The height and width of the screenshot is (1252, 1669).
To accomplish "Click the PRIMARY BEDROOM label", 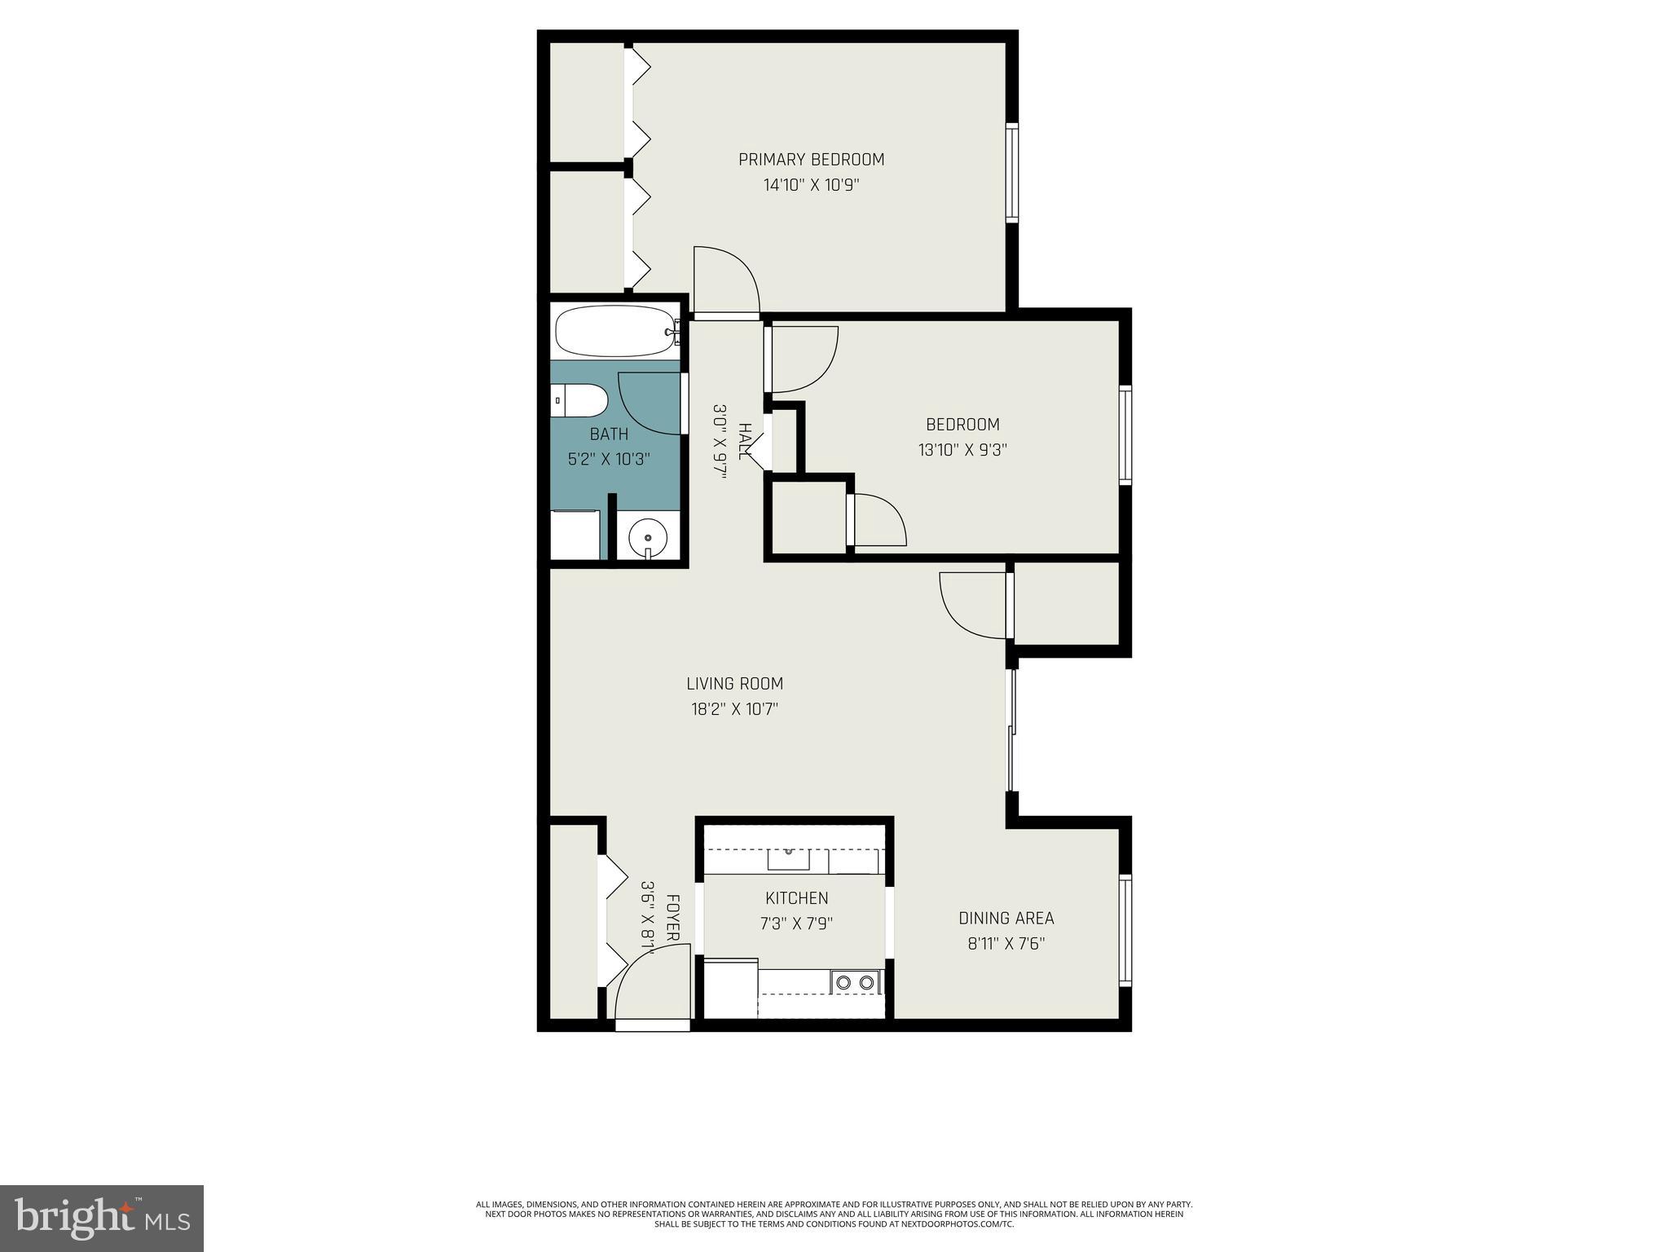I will tap(811, 160).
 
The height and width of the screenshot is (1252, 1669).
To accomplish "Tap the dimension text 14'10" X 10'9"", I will tap(811, 186).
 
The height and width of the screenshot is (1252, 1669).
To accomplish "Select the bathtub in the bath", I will tap(618, 331).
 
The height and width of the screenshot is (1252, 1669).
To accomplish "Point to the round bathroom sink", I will tap(648, 538).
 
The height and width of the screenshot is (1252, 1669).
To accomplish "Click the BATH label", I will tap(609, 434).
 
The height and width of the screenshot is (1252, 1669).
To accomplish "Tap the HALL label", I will tap(744, 441).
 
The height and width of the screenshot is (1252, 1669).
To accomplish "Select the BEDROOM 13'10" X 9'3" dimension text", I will tap(962, 450).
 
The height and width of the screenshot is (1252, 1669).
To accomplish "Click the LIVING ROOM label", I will tap(734, 684).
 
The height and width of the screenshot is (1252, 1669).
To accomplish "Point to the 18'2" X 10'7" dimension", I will tap(734, 709).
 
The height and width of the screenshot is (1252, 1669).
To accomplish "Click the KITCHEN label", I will tap(796, 898).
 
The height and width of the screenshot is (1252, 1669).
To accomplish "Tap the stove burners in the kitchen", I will tap(855, 983).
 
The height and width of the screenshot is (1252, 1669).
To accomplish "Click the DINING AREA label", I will tap(1006, 919).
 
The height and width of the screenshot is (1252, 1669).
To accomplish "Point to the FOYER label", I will tap(673, 919).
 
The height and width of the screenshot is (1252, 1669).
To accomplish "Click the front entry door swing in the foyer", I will tap(648, 986).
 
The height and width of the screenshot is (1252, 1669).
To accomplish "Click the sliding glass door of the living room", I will tap(1012, 730).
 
